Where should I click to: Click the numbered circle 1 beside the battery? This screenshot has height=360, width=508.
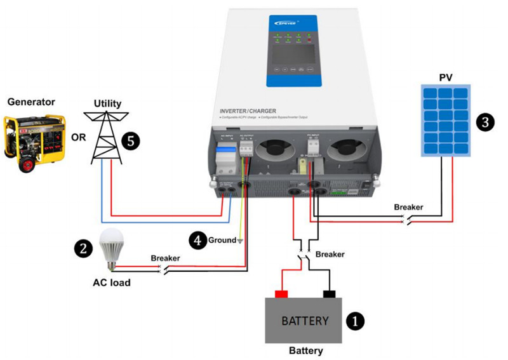[x=354, y=321]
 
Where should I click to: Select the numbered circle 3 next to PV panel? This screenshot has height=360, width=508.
[x=485, y=122]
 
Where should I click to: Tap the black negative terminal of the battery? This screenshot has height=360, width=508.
[x=330, y=294]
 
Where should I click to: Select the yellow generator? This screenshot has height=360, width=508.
[x=33, y=142]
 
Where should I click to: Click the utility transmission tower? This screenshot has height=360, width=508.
[x=103, y=137]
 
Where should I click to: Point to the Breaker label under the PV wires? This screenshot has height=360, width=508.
[x=408, y=207]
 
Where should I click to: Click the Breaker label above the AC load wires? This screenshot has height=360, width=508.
[x=165, y=258]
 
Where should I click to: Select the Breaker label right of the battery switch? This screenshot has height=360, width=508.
[x=330, y=254]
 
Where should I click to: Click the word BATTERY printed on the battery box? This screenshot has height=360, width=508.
[x=305, y=321]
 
